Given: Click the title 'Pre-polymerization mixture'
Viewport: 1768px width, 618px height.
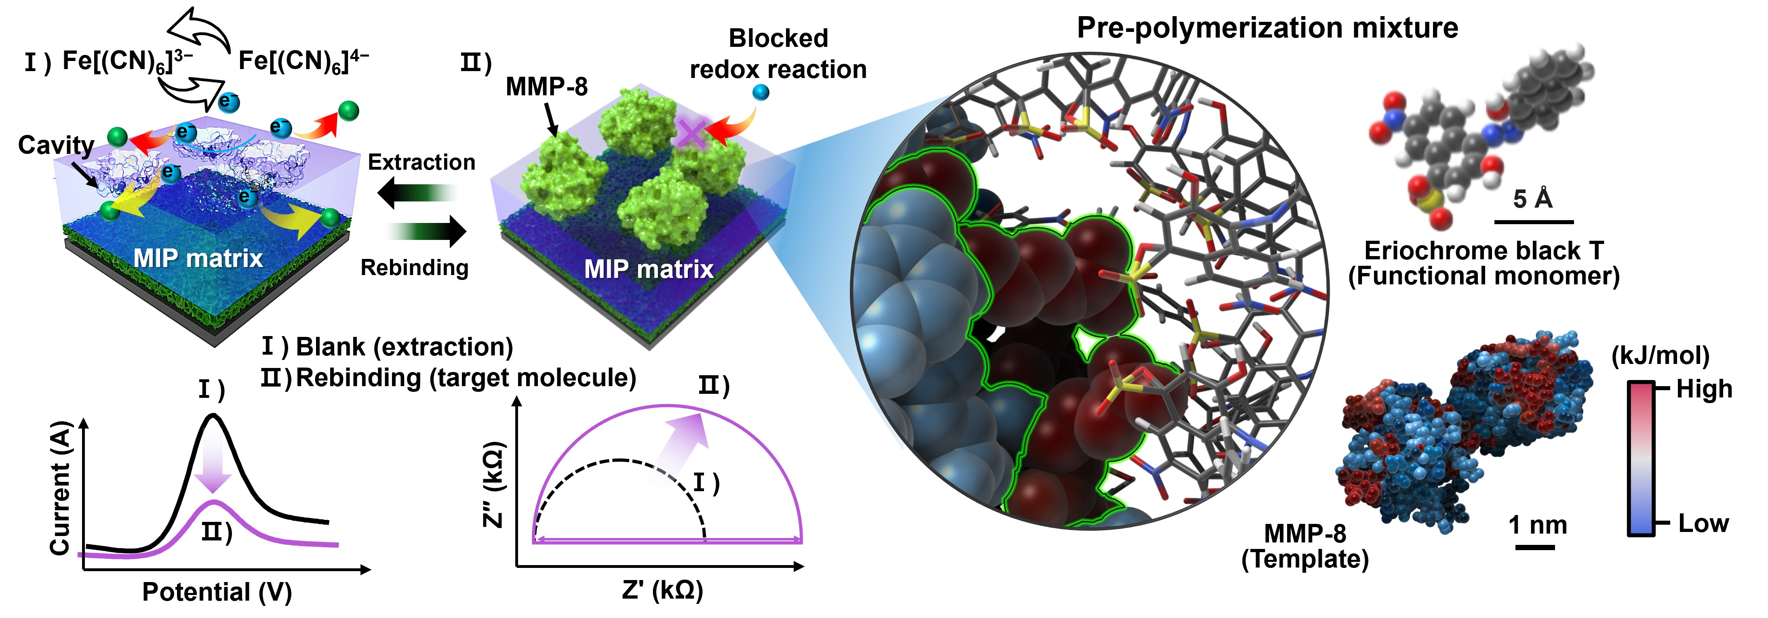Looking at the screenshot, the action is [1267, 28].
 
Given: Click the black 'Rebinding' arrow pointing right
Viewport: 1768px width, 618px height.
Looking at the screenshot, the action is [427, 231].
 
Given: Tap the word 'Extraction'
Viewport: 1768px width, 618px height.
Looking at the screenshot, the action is [421, 162].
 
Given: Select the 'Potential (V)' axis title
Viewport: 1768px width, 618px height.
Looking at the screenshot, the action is [217, 591].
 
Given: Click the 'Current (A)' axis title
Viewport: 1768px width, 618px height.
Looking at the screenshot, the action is [60, 488].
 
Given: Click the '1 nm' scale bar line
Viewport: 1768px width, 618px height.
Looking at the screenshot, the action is [1535, 547].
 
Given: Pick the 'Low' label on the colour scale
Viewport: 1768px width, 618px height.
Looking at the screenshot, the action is [1703, 523].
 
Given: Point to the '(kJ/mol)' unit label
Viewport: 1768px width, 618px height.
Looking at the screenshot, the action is [1660, 355].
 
